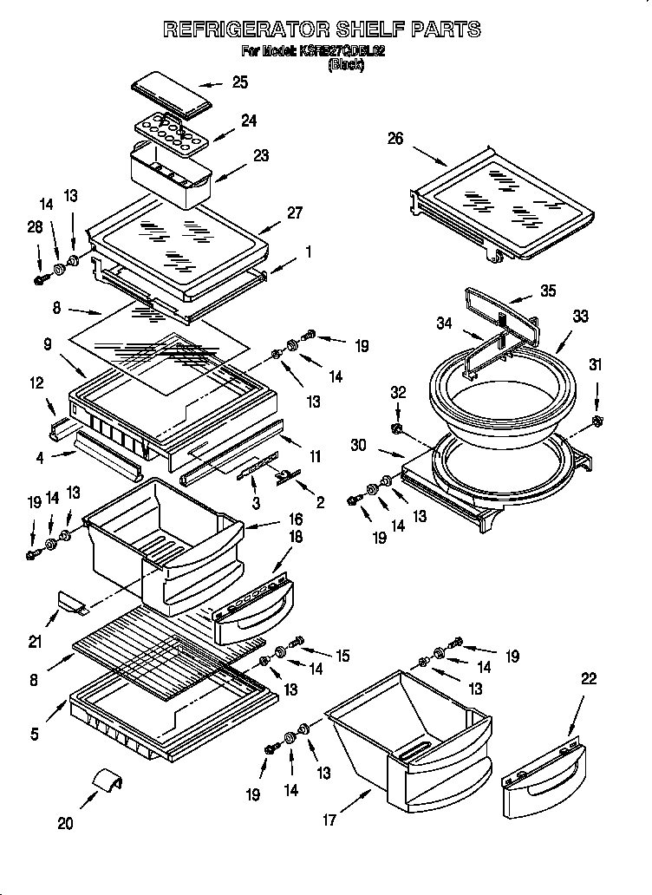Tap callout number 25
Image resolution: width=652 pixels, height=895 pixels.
pos(239,82)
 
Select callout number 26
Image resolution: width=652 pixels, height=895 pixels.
pos(395,139)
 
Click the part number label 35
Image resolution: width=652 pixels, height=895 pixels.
pos(548,291)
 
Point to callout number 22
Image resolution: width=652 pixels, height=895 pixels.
pos(589,679)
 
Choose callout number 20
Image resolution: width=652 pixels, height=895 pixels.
pos(66,823)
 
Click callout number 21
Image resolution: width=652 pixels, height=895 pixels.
pos(35,641)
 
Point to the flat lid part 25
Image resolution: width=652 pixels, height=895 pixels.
pos(172,95)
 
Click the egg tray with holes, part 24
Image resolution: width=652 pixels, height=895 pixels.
pos(171,134)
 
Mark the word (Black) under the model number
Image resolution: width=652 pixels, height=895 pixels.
pos(345,64)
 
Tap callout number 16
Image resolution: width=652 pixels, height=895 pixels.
pos(295,519)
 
